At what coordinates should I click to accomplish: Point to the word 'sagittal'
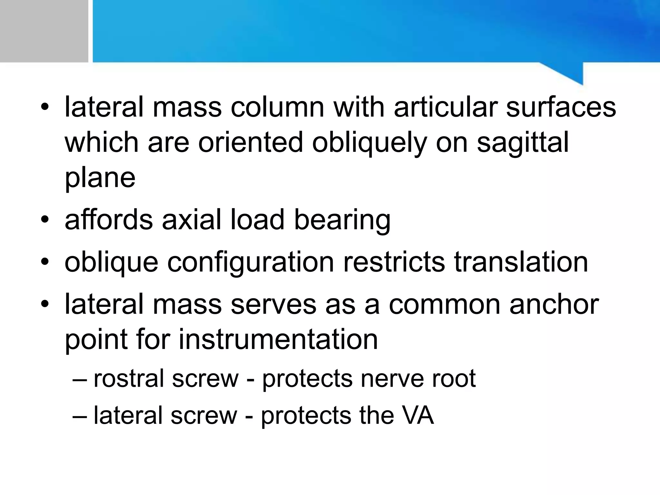[x=523, y=142]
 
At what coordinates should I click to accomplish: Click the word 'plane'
[x=100, y=178]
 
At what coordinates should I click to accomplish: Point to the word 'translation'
[x=521, y=262]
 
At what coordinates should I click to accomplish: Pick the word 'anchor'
[x=554, y=305]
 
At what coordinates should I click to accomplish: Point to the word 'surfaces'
[x=561, y=107]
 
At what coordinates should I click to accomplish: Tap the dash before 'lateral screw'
[x=80, y=416]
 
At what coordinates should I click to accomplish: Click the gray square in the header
[x=44, y=31]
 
